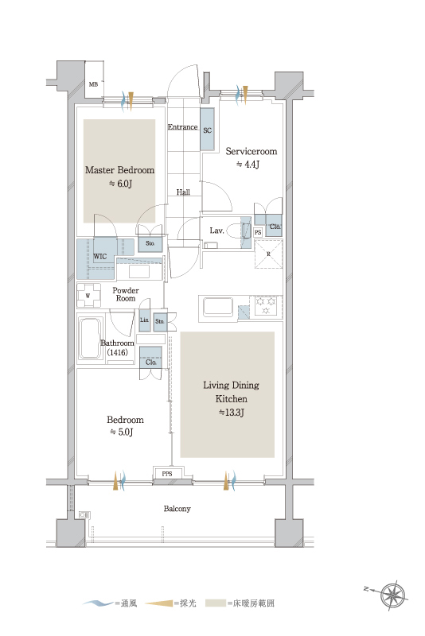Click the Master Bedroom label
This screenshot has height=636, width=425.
[119, 170]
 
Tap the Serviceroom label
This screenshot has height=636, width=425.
[251, 151]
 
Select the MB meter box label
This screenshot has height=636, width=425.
[93, 84]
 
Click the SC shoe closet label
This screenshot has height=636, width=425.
[208, 130]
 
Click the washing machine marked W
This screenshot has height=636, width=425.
[88, 295]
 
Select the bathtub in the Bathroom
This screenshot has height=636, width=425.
[90, 339]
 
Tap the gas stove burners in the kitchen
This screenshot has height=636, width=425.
[267, 305]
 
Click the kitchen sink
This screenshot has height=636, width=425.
[218, 307]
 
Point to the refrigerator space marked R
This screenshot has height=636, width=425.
[268, 254]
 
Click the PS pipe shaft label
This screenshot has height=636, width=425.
[258, 232]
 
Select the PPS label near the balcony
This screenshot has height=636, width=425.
[167, 473]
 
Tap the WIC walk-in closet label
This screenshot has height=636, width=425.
[99, 256]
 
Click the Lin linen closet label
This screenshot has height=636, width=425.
[144, 320]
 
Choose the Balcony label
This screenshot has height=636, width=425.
[177, 509]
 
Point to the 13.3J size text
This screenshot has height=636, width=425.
[232, 413]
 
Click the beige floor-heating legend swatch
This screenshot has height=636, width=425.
[216, 603]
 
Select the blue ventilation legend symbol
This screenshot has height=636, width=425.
[99, 603]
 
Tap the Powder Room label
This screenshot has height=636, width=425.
[126, 294]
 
